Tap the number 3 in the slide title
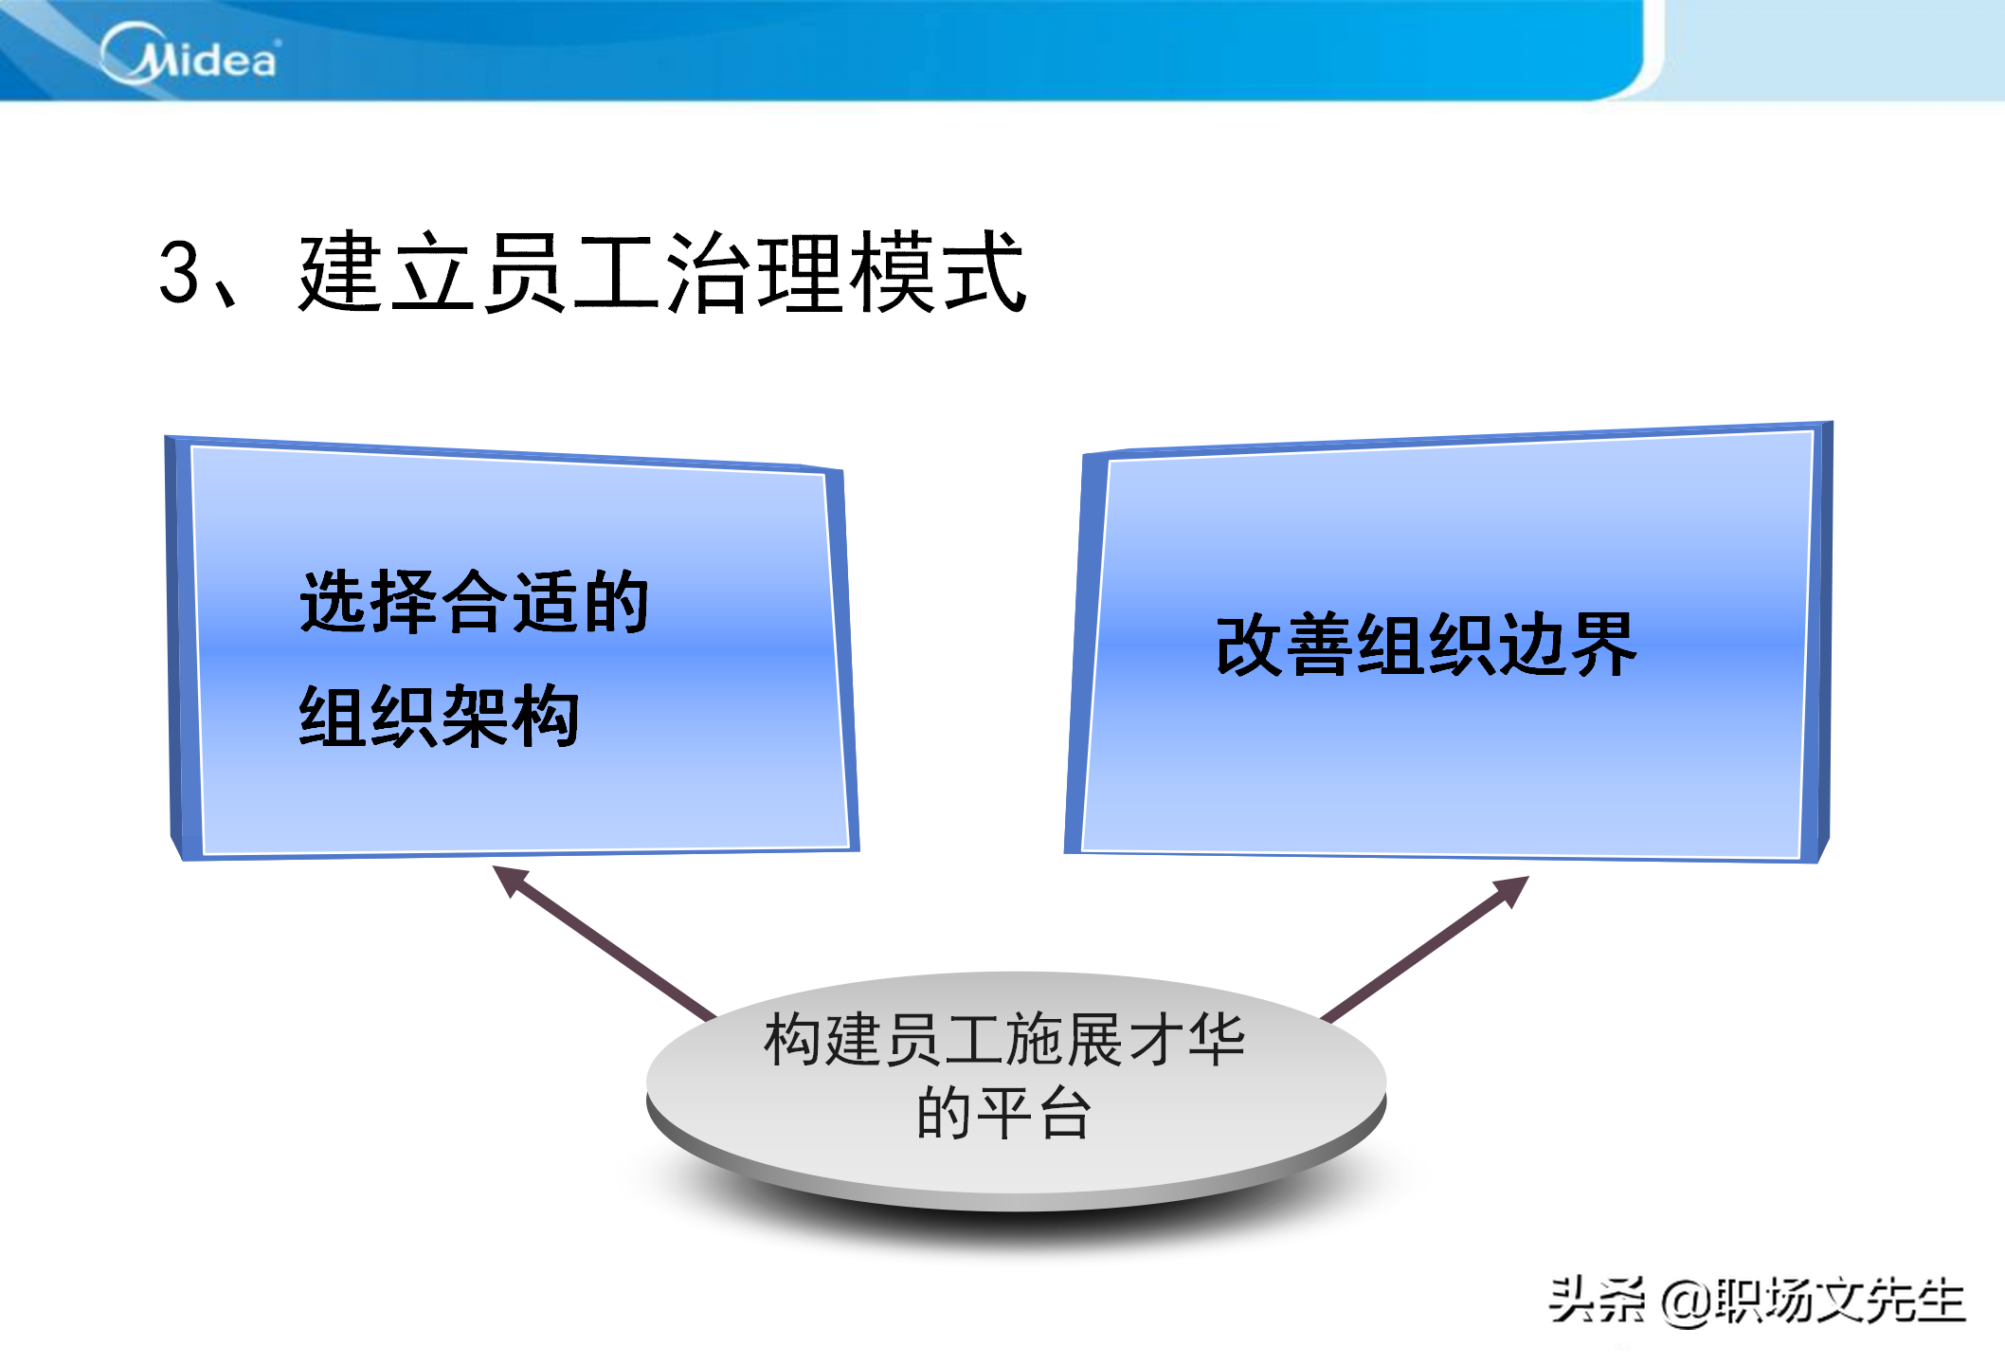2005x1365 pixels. coord(179,272)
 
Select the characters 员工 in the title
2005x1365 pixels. coord(570,272)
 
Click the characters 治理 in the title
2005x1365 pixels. coord(754,272)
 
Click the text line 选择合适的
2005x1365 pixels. coord(475,601)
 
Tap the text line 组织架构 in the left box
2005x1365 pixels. coord(440,717)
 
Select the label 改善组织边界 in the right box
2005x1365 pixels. coord(1426,645)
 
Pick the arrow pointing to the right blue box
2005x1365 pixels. coord(1425,949)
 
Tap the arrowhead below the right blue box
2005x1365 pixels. coord(1511,891)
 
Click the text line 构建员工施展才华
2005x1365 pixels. coord(1004,1040)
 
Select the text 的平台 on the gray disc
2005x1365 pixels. coord(1004,1112)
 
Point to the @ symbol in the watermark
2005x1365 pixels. coord(1688,1301)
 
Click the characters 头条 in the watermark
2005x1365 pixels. coord(1598,1300)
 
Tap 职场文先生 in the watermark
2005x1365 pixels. coord(1840,1300)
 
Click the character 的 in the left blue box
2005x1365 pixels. coord(616,601)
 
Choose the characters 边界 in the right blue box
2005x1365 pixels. coord(1567,645)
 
